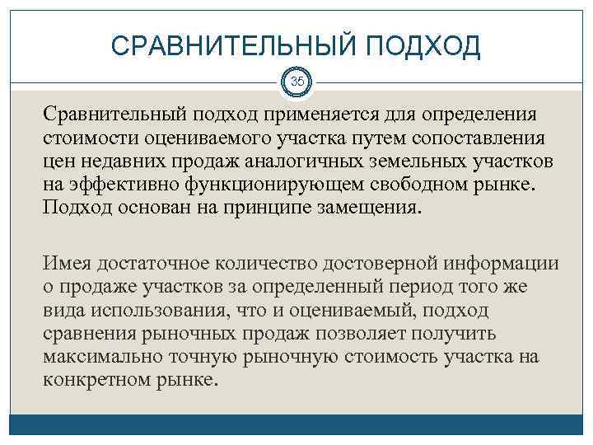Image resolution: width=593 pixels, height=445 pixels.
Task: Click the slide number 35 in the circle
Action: click(296, 82)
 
